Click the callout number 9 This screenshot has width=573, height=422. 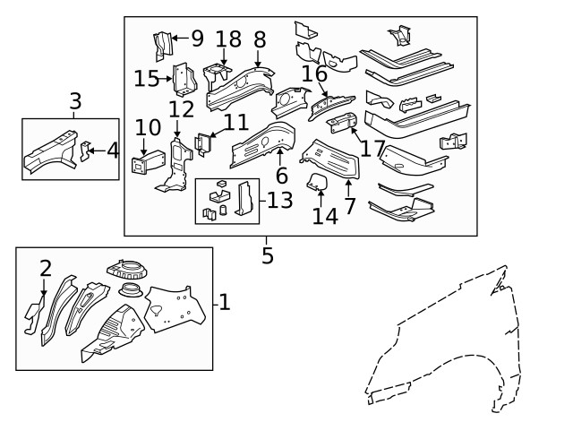tap(197, 39)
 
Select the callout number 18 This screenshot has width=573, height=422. tap(228, 39)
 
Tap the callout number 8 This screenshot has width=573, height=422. tap(260, 39)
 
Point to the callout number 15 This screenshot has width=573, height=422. tap(146, 79)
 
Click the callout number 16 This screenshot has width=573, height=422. tap(313, 74)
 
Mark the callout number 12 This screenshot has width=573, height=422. tap(181, 109)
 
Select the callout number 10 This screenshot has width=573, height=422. tap(147, 129)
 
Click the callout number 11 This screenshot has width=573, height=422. tap(235, 122)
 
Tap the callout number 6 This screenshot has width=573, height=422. tap(281, 176)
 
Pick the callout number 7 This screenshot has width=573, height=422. tap(349, 205)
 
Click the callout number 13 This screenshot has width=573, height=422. tap(279, 200)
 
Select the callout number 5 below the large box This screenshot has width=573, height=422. tap(267, 255)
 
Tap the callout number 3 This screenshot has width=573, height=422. tap(75, 101)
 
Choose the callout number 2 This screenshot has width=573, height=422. tap(45, 268)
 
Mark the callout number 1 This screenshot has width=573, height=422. tap(224, 303)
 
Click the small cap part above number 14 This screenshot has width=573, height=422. tap(318, 184)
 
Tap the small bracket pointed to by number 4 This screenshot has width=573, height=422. tap(86, 150)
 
